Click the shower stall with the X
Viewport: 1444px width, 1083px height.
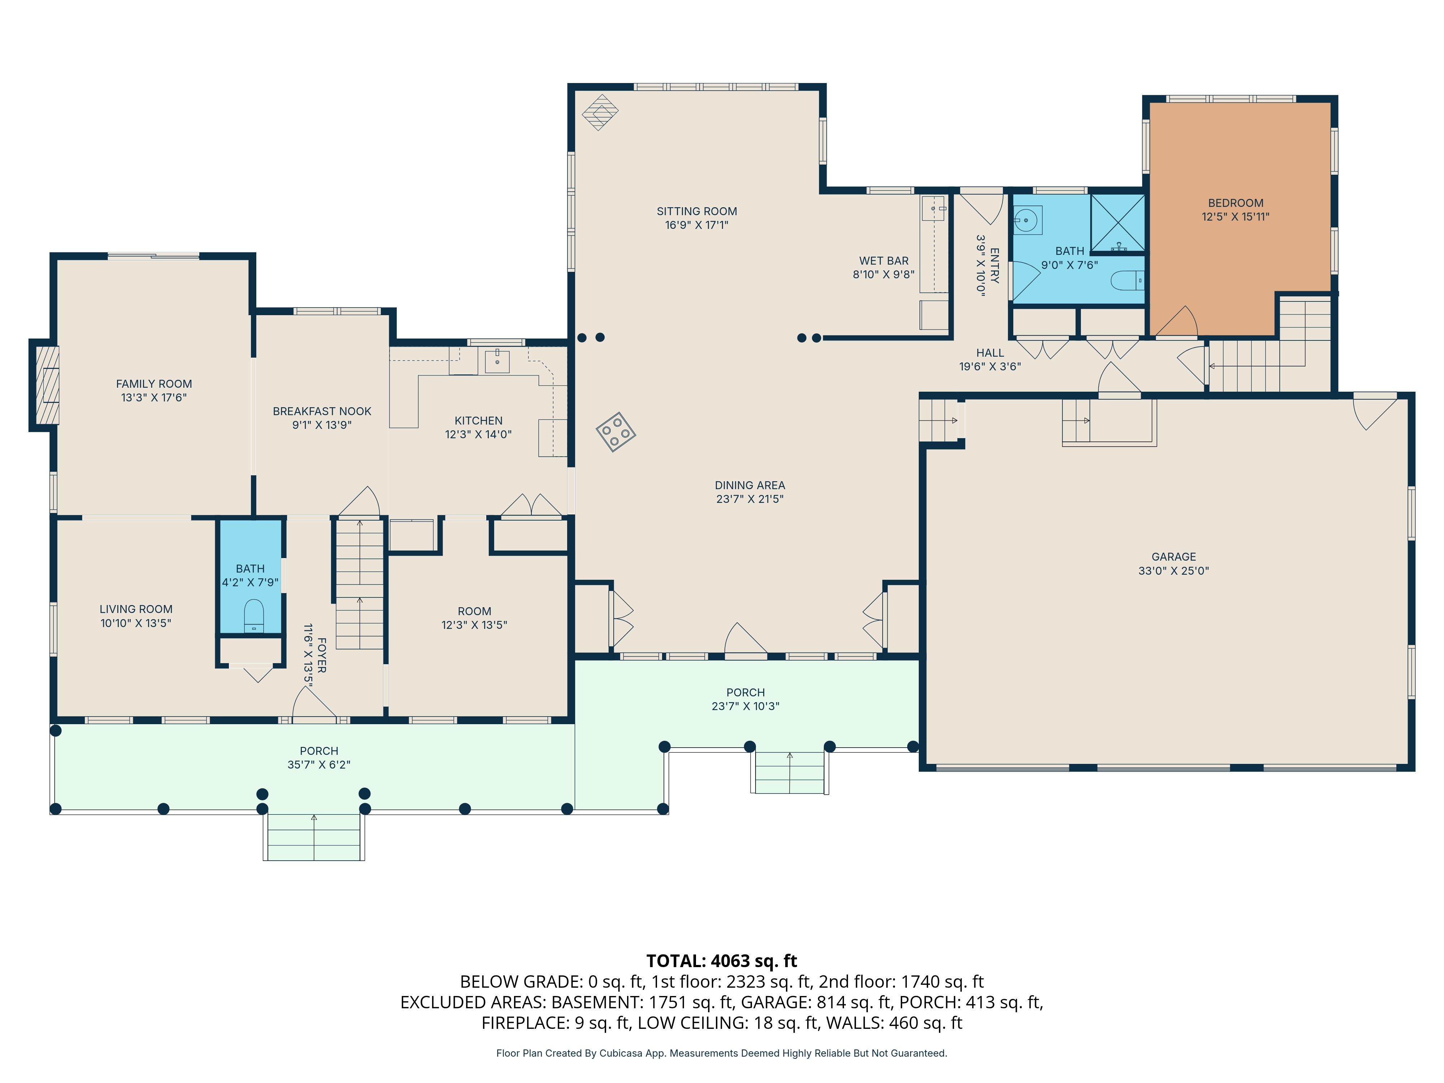(1118, 223)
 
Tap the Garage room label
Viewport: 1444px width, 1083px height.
(1174, 557)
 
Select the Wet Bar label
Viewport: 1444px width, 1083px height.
(883, 261)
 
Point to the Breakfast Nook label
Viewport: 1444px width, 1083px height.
(322, 411)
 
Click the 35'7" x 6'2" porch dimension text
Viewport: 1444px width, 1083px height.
(318, 765)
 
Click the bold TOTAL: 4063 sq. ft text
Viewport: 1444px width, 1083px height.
(721, 961)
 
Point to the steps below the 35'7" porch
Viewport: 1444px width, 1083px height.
(314, 837)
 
